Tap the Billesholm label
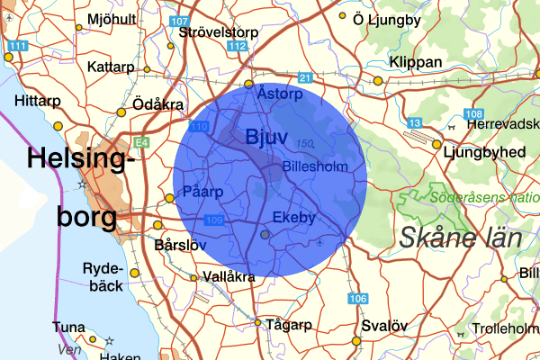click(313, 167)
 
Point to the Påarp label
click(202, 191)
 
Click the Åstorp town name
click(277, 92)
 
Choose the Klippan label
click(416, 62)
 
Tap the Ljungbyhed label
click(484, 152)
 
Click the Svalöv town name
click(384, 326)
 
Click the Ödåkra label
click(158, 103)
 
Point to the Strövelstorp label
click(219, 31)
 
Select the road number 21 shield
click(305, 78)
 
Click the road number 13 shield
click(415, 122)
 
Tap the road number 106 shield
click(358, 298)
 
